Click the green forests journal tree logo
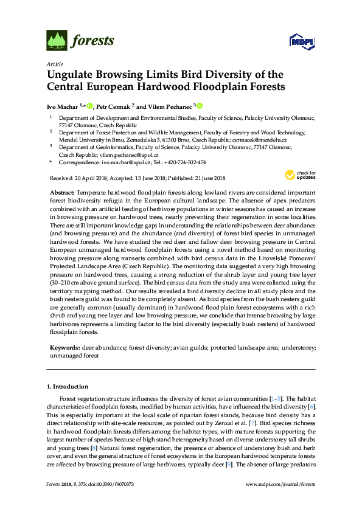(57, 41)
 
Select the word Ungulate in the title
(72, 75)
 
